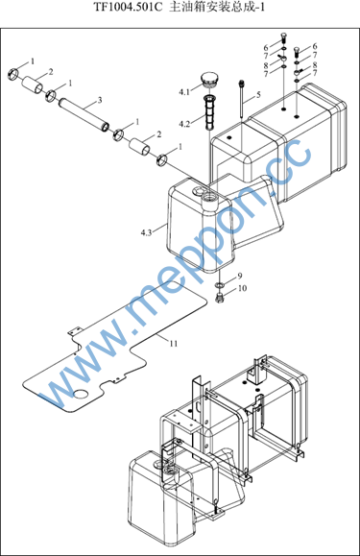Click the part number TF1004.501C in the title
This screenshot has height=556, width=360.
pyautogui.click(x=128, y=7)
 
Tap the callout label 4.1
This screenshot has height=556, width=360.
pyautogui.click(x=184, y=92)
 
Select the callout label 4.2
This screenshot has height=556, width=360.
pyautogui.click(x=184, y=124)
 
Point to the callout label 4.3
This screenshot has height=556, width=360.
pyautogui.click(x=146, y=232)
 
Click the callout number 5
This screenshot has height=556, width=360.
pyautogui.click(x=258, y=94)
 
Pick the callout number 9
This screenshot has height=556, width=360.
pyautogui.click(x=240, y=276)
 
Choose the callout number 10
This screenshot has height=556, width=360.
pyautogui.click(x=242, y=288)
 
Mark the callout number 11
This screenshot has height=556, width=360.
pyautogui.click(x=173, y=343)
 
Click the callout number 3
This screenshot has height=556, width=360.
pyautogui.click(x=100, y=101)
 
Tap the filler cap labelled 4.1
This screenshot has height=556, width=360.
pyautogui.click(x=209, y=80)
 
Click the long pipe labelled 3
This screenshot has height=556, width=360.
pyautogui.click(x=84, y=114)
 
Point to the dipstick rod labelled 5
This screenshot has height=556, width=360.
pyautogui.click(x=241, y=100)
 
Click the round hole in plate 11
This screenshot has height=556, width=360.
pyautogui.click(x=82, y=394)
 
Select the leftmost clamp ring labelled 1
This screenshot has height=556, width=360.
pyautogui.click(x=13, y=73)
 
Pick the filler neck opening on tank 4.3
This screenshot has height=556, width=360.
pyautogui.click(x=209, y=195)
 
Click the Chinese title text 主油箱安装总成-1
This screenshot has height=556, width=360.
pyautogui.click(x=217, y=7)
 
